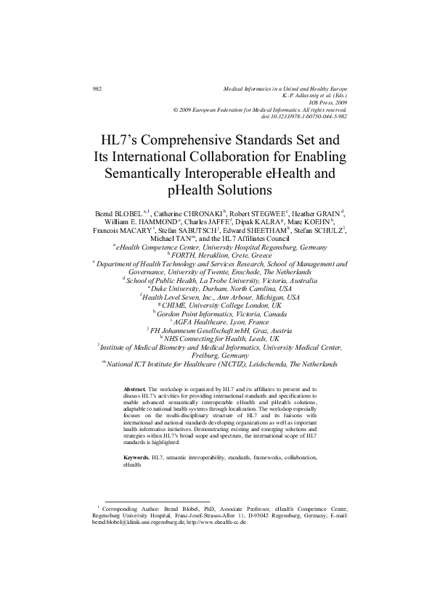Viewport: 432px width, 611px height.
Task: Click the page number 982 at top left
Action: tap(97, 89)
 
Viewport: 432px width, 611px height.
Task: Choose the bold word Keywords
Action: tap(136, 458)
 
